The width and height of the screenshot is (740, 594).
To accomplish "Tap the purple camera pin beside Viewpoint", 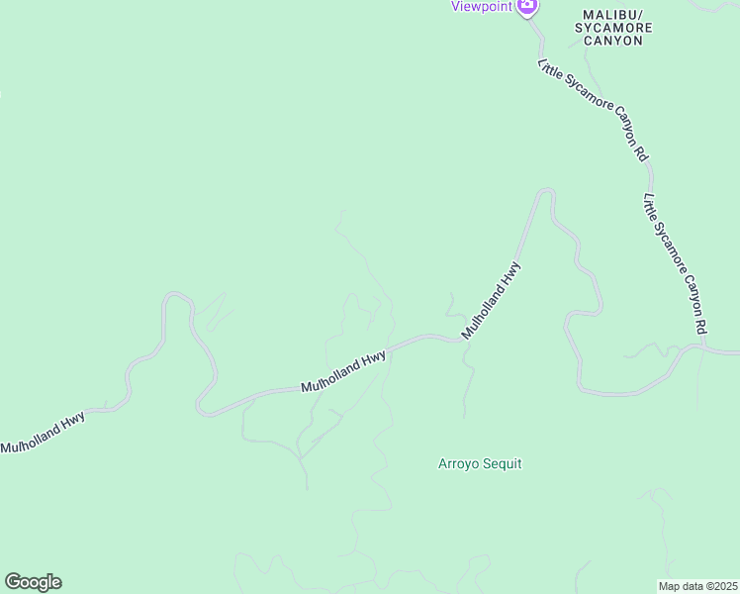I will tap(527, 6).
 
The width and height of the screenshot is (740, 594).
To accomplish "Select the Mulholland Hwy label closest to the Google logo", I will tap(43, 433).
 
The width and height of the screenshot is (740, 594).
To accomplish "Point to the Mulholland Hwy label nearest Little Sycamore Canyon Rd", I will tap(492, 300).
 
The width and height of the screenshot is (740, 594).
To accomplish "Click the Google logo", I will tap(33, 582).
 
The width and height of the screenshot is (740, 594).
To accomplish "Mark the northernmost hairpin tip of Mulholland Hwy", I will tap(545, 191).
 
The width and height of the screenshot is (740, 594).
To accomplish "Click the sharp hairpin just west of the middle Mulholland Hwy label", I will tap(201, 407).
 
